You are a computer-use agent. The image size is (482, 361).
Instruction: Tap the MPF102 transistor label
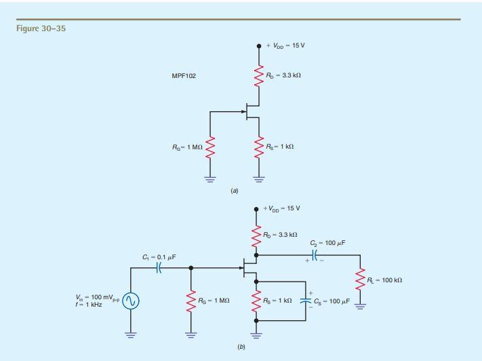[183, 76]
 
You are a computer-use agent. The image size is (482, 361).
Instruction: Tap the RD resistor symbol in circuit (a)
[258, 75]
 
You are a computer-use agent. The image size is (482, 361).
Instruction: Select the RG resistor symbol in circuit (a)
[210, 147]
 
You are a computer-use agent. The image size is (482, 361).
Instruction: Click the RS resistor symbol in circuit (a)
[258, 147]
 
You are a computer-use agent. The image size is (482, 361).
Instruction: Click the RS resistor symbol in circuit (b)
[255, 300]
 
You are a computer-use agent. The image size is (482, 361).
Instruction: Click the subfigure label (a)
[235, 191]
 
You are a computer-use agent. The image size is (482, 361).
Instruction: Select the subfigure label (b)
[240, 347]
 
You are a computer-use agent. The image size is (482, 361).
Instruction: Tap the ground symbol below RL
[360, 305]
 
